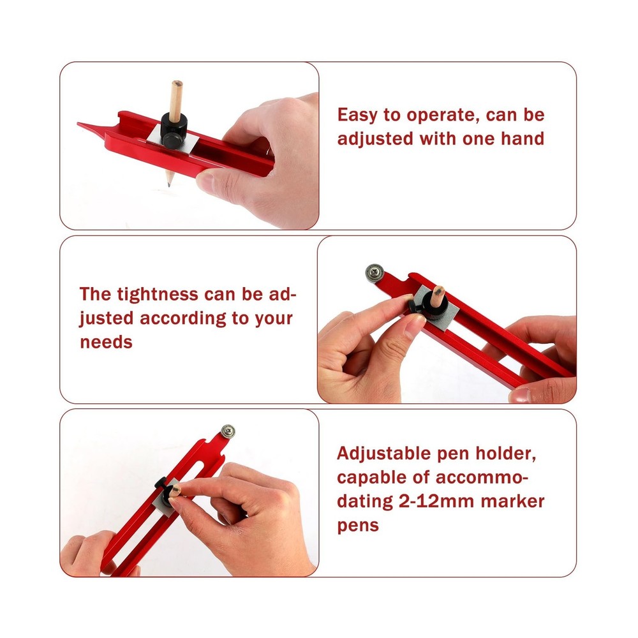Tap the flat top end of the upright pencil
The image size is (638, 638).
(177, 84)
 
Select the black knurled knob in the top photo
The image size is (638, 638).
(174, 130)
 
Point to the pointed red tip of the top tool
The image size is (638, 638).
(80, 124)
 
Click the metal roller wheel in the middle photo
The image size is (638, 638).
(375, 272)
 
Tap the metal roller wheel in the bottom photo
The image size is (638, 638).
(228, 431)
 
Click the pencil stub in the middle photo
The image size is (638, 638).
(438, 296)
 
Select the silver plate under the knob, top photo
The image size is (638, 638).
(173, 140)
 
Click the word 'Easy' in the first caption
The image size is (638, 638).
(358, 115)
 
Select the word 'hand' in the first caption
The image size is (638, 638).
(523, 138)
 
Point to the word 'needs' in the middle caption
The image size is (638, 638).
(106, 343)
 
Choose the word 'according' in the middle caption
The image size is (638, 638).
(182, 318)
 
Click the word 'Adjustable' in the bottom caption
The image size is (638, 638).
(383, 454)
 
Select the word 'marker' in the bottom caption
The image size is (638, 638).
(513, 501)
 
